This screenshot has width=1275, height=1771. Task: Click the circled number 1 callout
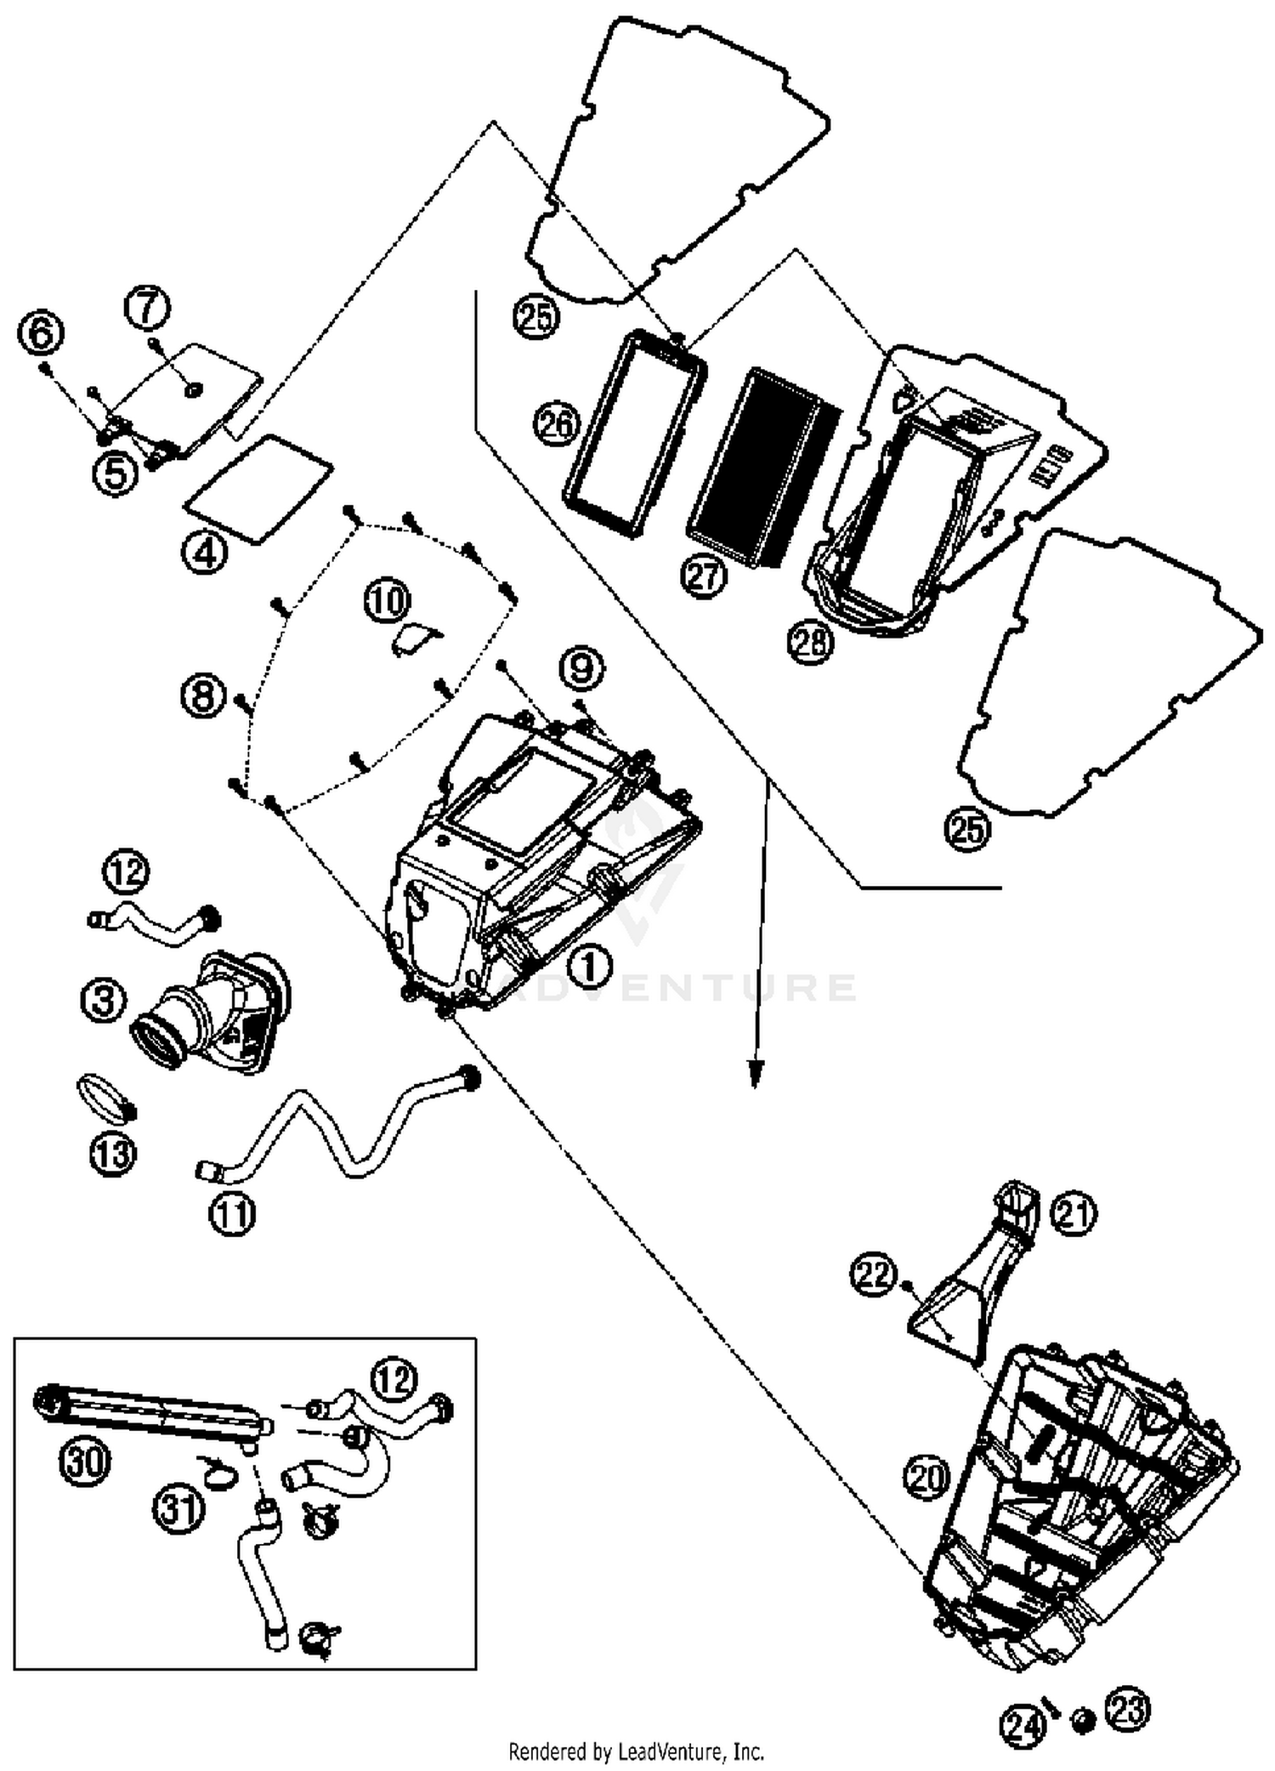tap(592, 966)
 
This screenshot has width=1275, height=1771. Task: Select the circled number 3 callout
tap(105, 1001)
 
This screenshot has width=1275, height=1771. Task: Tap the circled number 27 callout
tap(705, 577)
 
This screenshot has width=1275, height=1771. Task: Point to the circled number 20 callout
tap(926, 1476)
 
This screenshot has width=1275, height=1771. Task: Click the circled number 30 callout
tap(85, 1462)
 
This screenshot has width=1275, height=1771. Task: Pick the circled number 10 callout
tap(387, 601)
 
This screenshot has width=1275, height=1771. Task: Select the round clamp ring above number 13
tap(106, 1098)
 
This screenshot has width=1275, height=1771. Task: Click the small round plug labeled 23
tap(1083, 1717)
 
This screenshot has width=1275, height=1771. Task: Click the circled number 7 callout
tap(148, 308)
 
